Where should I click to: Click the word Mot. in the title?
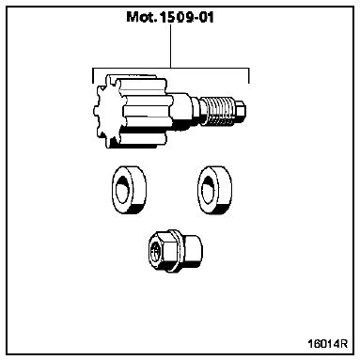coord(141,17)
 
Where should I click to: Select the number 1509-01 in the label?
coord(187,17)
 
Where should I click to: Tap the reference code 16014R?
coord(327,344)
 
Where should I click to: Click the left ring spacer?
coord(129,190)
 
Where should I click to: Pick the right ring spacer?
coord(215,190)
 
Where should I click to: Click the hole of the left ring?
coord(122,189)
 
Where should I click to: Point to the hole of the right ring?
coord(208,189)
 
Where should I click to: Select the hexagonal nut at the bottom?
coord(176,250)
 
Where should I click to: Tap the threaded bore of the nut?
coord(155,251)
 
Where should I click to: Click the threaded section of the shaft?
coord(218,111)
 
